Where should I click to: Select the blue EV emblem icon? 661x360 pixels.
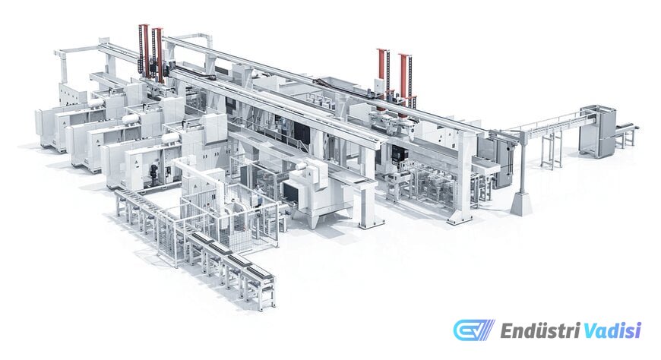(474, 330)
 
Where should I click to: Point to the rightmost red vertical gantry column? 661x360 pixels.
(404, 79)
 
